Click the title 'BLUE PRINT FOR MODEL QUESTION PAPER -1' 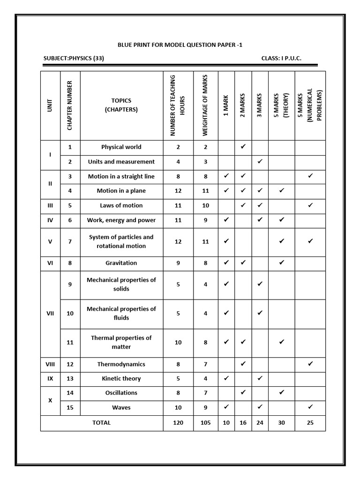click(x=180, y=45)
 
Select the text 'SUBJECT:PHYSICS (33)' click(x=73, y=58)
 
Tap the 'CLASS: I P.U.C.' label click(x=281, y=58)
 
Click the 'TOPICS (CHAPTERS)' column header click(x=121, y=105)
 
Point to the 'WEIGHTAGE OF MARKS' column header click(x=205, y=105)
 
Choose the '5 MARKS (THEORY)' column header click(x=282, y=105)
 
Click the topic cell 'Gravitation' click(x=121, y=263)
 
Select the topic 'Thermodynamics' click(x=121, y=364)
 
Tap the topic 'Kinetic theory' click(x=121, y=378)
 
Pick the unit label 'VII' click(x=50, y=314)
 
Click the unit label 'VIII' click(x=50, y=364)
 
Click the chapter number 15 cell click(x=70, y=407)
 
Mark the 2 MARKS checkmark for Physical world click(x=243, y=147)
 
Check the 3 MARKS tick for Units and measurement click(x=260, y=161)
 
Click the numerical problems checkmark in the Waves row click(x=310, y=407)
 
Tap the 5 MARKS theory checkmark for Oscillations click(x=282, y=392)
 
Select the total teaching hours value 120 click(x=178, y=422)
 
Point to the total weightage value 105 click(x=205, y=422)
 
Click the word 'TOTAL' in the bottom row click(x=102, y=422)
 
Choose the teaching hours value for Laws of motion click(x=178, y=205)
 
